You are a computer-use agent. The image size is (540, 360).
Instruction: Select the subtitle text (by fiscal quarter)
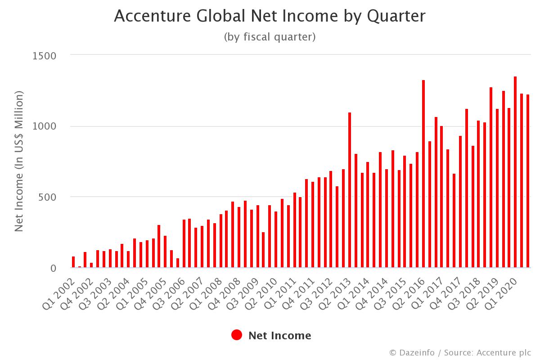point(270,37)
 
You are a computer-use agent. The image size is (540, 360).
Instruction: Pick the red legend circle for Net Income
point(237,335)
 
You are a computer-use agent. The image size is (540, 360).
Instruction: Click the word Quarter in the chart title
point(396,16)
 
